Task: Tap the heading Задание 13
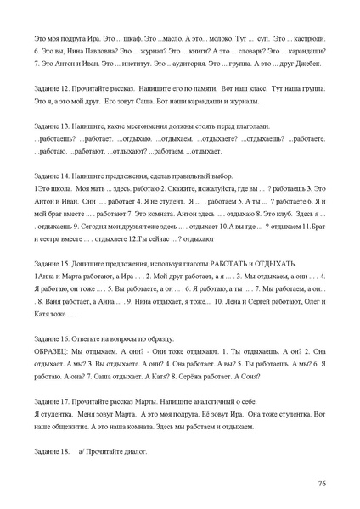(x=53, y=125)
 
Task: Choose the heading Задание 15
(x=53, y=264)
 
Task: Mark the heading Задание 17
(x=53, y=398)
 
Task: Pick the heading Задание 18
(x=53, y=452)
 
